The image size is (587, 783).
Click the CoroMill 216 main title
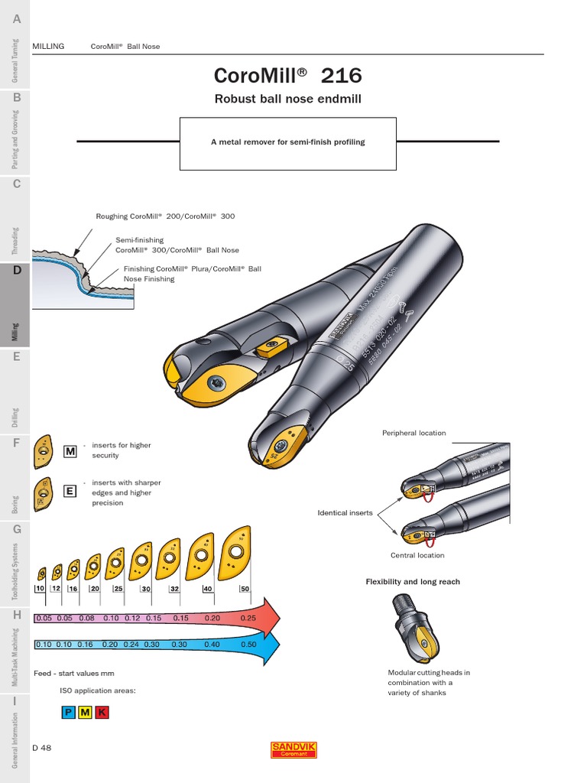pyautogui.click(x=287, y=76)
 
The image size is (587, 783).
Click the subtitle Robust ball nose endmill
pyautogui.click(x=287, y=99)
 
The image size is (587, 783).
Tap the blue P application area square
pyautogui.click(x=68, y=713)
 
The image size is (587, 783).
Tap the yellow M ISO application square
pyautogui.click(x=85, y=713)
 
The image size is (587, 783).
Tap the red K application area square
pyautogui.click(x=102, y=713)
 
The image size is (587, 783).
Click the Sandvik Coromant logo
pyautogui.click(x=294, y=749)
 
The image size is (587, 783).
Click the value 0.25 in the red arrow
pyautogui.click(x=248, y=618)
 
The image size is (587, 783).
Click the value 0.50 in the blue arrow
pyautogui.click(x=248, y=645)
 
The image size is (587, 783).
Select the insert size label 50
pyautogui.click(x=245, y=589)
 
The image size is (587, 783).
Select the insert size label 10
pyautogui.click(x=41, y=589)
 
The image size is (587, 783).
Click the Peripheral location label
pyautogui.click(x=413, y=433)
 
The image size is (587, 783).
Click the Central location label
pyautogui.click(x=417, y=555)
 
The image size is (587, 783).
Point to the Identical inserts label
pyautogui.click(x=345, y=513)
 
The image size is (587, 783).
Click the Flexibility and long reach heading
pyautogui.click(x=413, y=582)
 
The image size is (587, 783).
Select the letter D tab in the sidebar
pyautogui.click(x=16, y=270)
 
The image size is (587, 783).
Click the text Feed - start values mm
pyautogui.click(x=74, y=674)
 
